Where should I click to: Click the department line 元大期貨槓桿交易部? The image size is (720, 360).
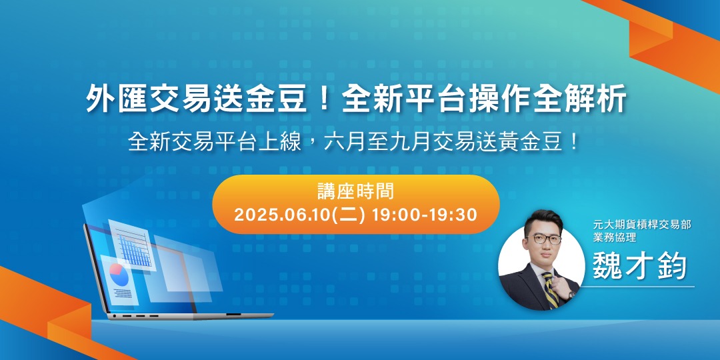(641, 225)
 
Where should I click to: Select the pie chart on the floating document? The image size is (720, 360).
(117, 273)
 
